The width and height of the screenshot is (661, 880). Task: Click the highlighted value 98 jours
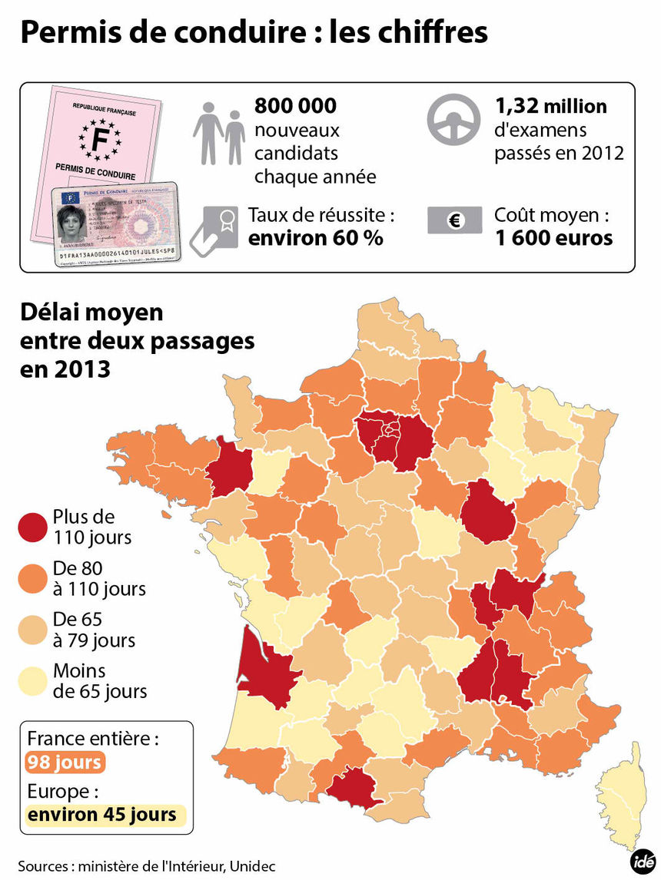tap(65, 763)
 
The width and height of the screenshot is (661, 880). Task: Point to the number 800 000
tap(295, 105)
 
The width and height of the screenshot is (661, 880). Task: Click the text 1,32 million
tap(551, 105)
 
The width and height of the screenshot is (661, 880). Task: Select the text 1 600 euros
tap(554, 238)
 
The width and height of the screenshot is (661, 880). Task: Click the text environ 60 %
tap(315, 238)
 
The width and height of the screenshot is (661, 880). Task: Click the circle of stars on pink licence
tap(99, 138)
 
